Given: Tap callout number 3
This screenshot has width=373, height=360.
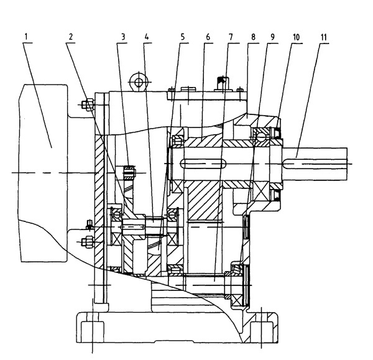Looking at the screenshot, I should (x=124, y=36).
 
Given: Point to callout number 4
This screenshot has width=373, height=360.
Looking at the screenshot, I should (x=146, y=36).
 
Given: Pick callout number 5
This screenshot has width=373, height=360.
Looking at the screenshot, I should (x=183, y=36).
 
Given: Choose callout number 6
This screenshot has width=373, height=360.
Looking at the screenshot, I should (x=207, y=36).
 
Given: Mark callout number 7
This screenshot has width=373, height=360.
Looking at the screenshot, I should (x=230, y=36).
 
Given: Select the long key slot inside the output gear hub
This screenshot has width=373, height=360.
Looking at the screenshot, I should (x=203, y=164).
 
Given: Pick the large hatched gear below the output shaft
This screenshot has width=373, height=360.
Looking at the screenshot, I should (x=205, y=202).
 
